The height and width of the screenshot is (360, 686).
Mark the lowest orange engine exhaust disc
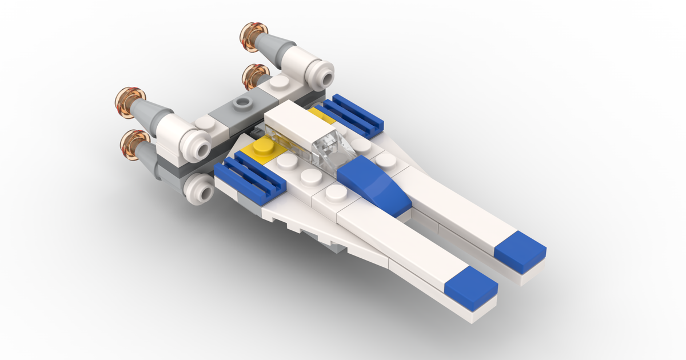coord(135,143)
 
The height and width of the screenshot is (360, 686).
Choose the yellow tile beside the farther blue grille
coord(321,116)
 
